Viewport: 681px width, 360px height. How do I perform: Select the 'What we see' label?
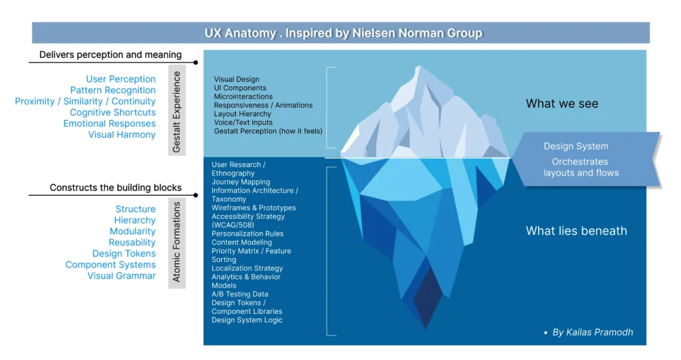(562, 103)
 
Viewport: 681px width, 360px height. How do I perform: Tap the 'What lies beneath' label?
(576, 231)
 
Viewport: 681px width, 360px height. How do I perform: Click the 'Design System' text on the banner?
(576, 146)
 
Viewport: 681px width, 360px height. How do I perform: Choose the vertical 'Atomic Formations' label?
(176, 242)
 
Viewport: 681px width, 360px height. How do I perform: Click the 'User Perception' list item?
(120, 79)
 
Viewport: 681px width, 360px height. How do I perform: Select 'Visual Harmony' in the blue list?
(122, 134)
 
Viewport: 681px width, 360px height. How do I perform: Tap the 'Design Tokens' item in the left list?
(124, 254)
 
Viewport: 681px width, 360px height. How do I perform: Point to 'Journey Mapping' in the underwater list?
(241, 182)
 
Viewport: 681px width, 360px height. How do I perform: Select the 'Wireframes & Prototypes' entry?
(253, 208)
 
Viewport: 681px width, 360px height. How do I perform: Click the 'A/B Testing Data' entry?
(239, 294)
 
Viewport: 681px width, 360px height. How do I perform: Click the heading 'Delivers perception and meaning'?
(110, 55)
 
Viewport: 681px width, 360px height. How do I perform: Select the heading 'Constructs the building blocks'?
(115, 188)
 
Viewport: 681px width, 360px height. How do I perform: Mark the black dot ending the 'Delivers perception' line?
(196, 63)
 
